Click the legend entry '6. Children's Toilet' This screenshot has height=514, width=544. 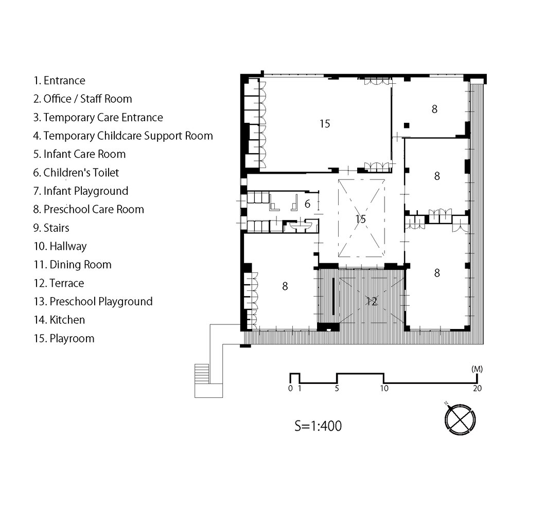coord(76,173)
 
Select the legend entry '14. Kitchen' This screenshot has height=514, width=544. coord(59,320)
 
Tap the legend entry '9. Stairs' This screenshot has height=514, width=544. coord(51,228)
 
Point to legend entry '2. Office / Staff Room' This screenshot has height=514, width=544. coord(82,99)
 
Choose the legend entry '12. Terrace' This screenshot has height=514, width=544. coord(59,283)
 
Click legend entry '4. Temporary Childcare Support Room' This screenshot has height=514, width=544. coord(123,136)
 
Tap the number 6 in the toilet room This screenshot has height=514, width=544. coord(307,204)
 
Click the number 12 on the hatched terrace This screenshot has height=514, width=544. coord(372,302)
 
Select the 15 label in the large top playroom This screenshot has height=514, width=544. coord(325,124)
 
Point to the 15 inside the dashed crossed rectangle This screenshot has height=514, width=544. coord(361,218)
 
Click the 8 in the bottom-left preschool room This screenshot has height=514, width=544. coord(285,286)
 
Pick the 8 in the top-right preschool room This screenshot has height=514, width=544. coord(434,109)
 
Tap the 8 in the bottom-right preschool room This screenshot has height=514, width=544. coord(437,273)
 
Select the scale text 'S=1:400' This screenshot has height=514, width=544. coord(318,426)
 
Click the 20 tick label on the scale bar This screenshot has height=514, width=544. coord(478,388)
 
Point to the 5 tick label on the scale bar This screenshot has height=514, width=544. coord(337,388)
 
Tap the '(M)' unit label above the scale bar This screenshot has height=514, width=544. coord(477,369)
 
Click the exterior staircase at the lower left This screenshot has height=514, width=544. coord(202,374)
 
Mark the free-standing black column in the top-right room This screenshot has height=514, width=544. coord(407,125)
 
